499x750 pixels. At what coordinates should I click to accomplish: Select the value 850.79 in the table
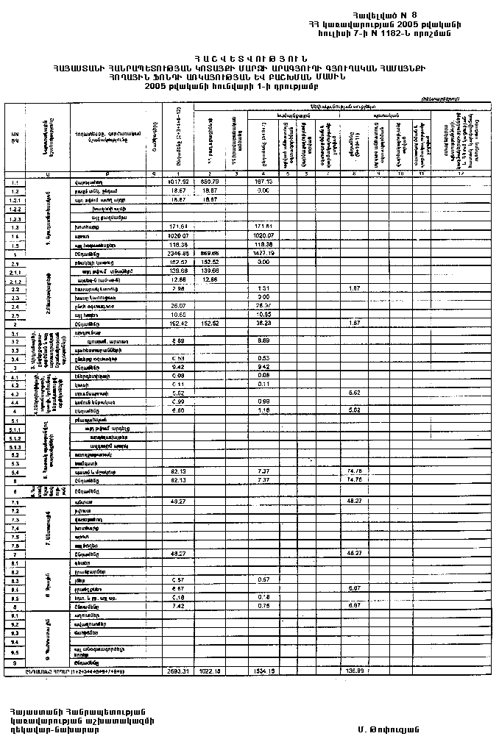210,181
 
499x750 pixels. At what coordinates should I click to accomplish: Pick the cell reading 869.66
210,253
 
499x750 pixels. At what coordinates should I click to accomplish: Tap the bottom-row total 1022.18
210,671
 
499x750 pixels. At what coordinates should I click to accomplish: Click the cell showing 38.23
265,324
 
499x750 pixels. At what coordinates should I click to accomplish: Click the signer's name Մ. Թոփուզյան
388,729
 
